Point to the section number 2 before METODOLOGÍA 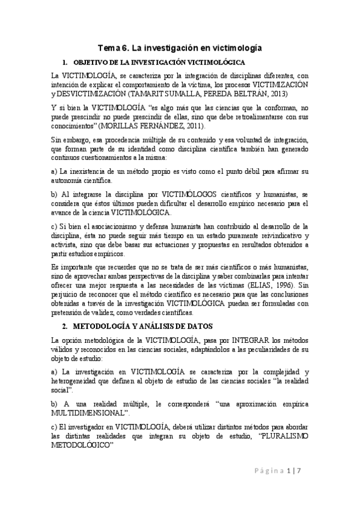pyautogui.click(x=64, y=327)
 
